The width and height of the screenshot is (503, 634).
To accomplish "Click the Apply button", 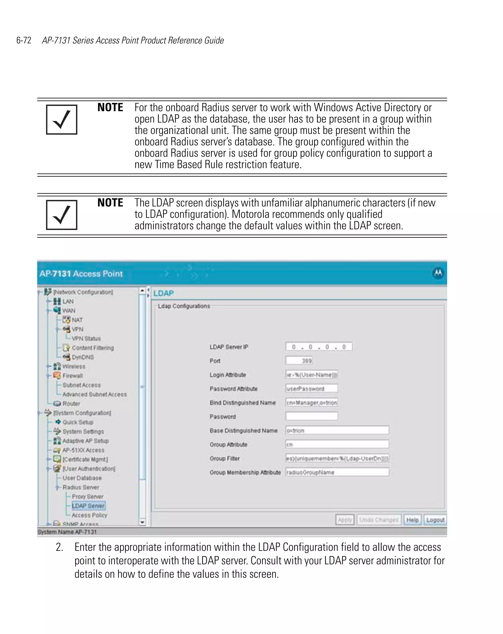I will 345,520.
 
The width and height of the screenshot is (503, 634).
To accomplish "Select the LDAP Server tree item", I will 88,506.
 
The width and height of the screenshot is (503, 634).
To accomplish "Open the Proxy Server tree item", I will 87,496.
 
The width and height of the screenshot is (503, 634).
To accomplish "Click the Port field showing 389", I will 299,361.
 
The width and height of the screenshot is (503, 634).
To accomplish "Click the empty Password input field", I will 311,416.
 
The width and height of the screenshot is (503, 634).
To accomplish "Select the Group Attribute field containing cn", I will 337,444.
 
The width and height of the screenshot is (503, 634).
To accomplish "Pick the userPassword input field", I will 311,388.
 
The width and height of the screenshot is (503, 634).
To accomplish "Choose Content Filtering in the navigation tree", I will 93,348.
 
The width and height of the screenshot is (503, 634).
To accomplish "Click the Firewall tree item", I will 72,376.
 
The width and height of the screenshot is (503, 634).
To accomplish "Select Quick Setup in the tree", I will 78,422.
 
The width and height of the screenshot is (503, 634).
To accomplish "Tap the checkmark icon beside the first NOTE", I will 62,120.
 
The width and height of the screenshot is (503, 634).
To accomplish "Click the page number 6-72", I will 24,40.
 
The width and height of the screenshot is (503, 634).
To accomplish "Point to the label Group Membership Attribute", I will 245,472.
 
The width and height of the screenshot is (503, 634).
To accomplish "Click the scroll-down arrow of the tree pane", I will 142,522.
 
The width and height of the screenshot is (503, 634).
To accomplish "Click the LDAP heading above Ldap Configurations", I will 163,293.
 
